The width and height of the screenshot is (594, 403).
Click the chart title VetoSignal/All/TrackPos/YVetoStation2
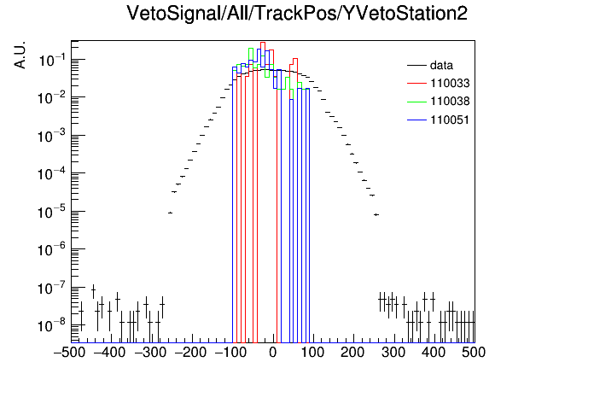coord(297,14)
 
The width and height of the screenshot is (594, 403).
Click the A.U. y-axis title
coord(20,55)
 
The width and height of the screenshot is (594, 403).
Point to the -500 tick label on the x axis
coord(69,353)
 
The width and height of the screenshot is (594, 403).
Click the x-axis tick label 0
coord(273,353)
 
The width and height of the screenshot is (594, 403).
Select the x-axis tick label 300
coord(393,353)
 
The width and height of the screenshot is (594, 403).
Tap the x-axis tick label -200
coord(190,353)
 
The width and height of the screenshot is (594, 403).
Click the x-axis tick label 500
coord(474,353)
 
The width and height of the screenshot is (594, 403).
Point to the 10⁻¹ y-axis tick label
coord(52,60)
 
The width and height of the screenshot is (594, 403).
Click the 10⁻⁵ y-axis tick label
coord(52,212)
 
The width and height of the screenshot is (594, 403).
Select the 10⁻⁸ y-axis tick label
coord(52,325)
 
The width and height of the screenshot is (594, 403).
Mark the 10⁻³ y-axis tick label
coord(52,136)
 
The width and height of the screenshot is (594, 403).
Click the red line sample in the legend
coord(416,84)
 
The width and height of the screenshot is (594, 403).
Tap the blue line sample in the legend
coord(416,120)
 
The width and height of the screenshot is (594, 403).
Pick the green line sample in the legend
coord(416,102)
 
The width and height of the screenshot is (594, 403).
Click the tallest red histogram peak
coord(263,43)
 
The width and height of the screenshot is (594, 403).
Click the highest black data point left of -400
coord(93,291)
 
